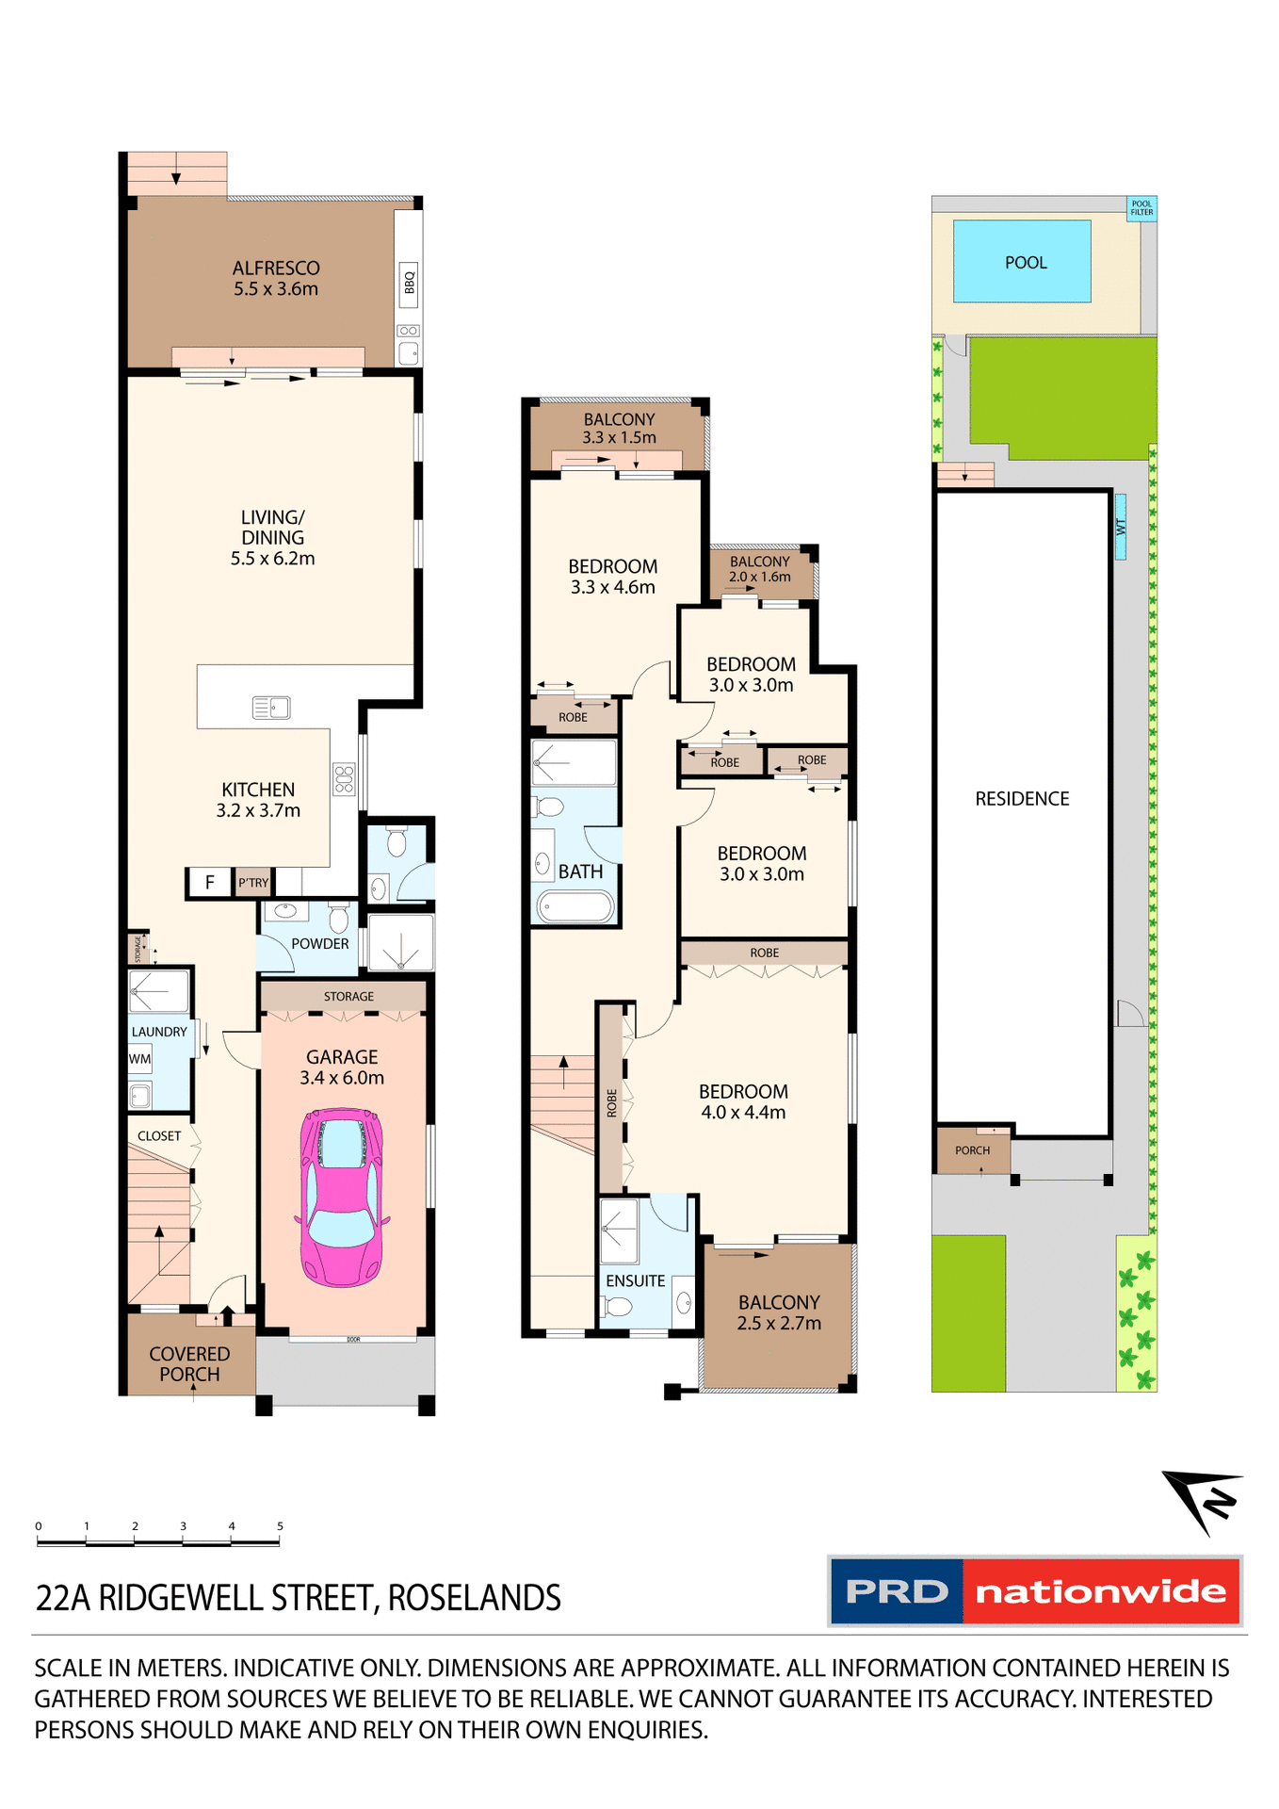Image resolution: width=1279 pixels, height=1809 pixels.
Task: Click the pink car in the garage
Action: (x=342, y=1197)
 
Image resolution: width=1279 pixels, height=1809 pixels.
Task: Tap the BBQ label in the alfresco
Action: (x=409, y=283)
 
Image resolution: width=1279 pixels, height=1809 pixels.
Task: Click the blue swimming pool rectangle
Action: (x=1022, y=262)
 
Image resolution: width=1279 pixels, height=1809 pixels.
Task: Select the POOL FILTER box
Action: (x=1141, y=208)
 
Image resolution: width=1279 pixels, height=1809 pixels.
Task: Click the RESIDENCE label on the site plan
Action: (x=1022, y=799)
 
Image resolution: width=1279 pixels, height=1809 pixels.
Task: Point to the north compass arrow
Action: (x=1203, y=1499)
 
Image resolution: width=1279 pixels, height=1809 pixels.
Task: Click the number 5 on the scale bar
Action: (x=280, y=1525)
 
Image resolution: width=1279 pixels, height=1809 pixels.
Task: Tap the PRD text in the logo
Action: (x=897, y=1591)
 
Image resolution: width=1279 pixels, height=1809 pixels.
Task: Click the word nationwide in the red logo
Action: (x=1100, y=1591)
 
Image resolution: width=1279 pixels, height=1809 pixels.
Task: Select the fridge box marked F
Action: (x=209, y=882)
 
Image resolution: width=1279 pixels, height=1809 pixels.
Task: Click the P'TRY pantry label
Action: (x=253, y=883)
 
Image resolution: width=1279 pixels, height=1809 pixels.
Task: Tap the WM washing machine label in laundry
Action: (x=139, y=1059)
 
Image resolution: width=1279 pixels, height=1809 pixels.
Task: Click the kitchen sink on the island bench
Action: (x=271, y=707)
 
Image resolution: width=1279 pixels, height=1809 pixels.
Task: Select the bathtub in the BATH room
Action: (x=575, y=906)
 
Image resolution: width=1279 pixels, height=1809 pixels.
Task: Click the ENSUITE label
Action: (x=635, y=1280)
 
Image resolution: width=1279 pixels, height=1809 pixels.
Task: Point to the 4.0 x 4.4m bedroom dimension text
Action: (x=743, y=1112)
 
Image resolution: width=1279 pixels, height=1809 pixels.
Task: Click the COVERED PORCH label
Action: (x=189, y=1363)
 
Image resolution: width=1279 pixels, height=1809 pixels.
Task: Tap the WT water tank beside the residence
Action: (x=1120, y=527)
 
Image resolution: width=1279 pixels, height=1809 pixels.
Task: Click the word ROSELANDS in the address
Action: (x=474, y=1598)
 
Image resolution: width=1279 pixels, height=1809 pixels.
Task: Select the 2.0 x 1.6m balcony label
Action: (x=759, y=577)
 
